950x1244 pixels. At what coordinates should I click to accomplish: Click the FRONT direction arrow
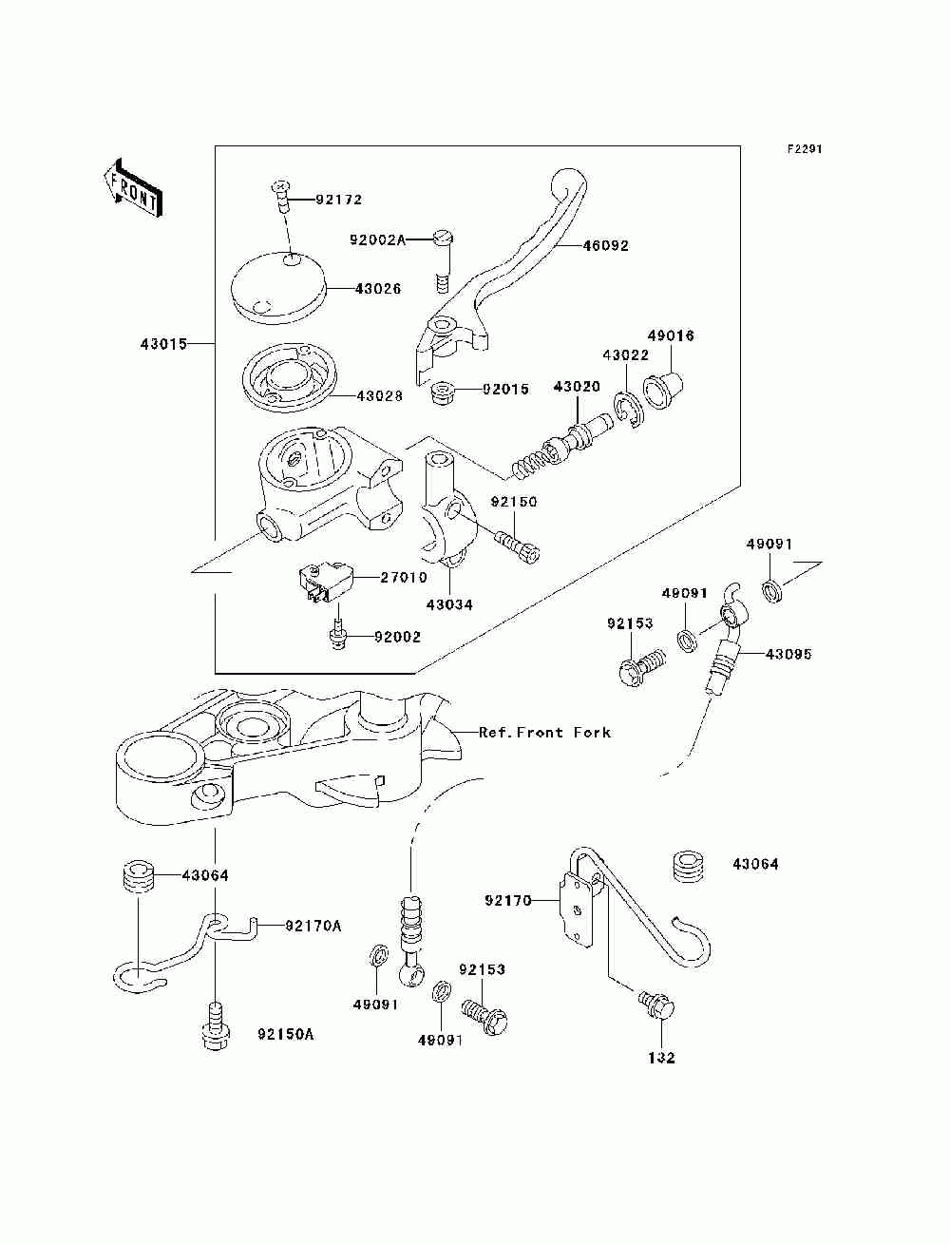click(130, 186)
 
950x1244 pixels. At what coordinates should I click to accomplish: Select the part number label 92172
click(313, 201)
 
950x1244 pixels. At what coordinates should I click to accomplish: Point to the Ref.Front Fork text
click(544, 733)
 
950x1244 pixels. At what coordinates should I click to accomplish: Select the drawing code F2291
click(804, 149)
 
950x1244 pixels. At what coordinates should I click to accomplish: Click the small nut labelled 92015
click(442, 392)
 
